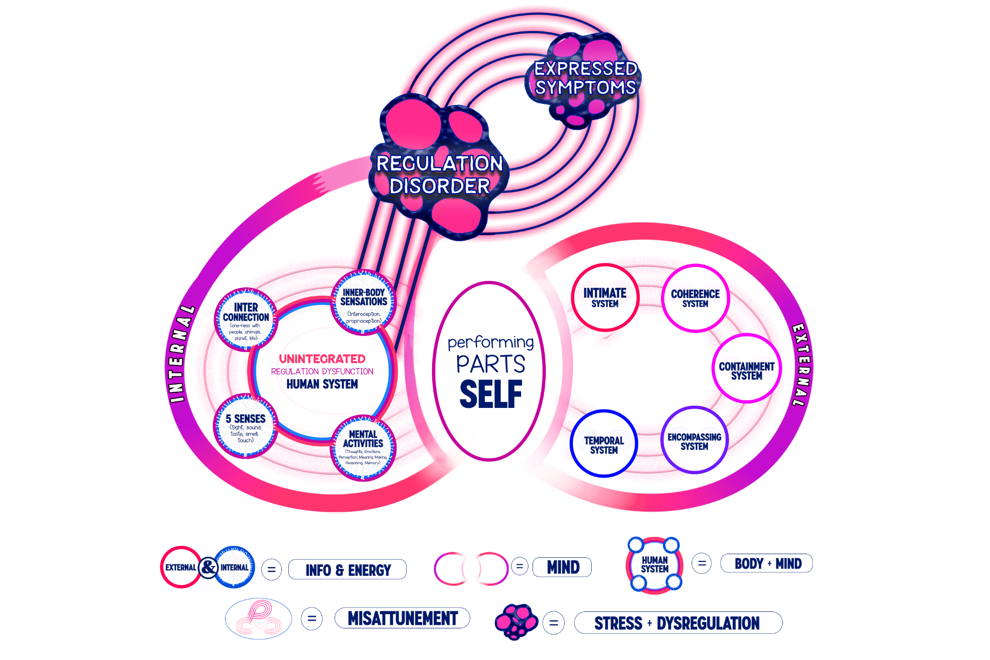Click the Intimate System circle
point(605,297)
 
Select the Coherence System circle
point(695,298)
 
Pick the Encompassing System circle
point(694,441)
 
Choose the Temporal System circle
point(604,445)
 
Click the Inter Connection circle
point(246,319)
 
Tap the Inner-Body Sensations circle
point(363,303)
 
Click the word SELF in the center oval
point(491,394)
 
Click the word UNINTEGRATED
point(322,359)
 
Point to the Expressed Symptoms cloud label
point(586,78)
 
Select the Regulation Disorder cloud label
point(440,175)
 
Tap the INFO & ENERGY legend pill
point(348,570)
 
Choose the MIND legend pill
point(563,567)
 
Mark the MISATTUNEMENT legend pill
point(402,618)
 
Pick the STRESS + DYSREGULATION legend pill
point(677,623)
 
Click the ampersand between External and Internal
point(209,567)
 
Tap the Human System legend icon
point(654,565)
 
